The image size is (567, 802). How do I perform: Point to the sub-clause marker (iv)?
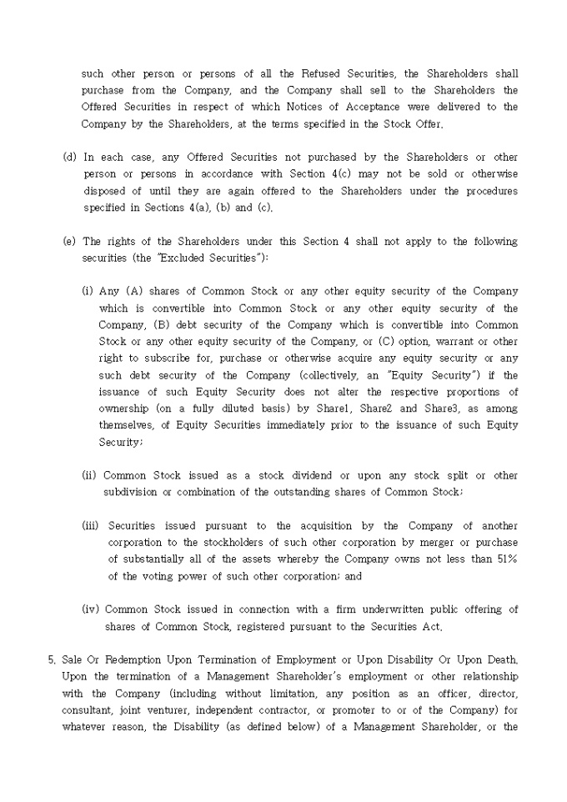pyautogui.click(x=91, y=609)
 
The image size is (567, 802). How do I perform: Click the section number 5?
pyautogui.click(x=52, y=659)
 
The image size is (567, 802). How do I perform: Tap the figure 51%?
pyautogui.click(x=505, y=559)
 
